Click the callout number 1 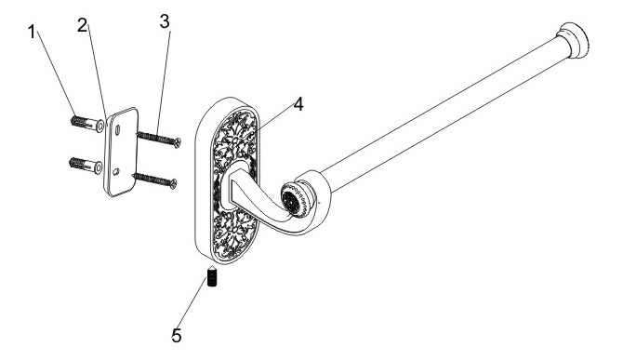(32, 32)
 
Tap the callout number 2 (82, 26)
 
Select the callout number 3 (165, 21)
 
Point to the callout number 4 (298, 104)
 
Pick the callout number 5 (177, 336)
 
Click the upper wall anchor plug (87, 123)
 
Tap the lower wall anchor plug (86, 165)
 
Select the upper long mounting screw (159, 140)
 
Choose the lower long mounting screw (154, 180)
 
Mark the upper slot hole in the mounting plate (117, 130)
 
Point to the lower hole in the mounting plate (116, 172)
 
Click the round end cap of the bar (574, 41)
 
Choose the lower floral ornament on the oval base (235, 233)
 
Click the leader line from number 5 (193, 302)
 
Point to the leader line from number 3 (164, 82)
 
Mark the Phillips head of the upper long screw (178, 141)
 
